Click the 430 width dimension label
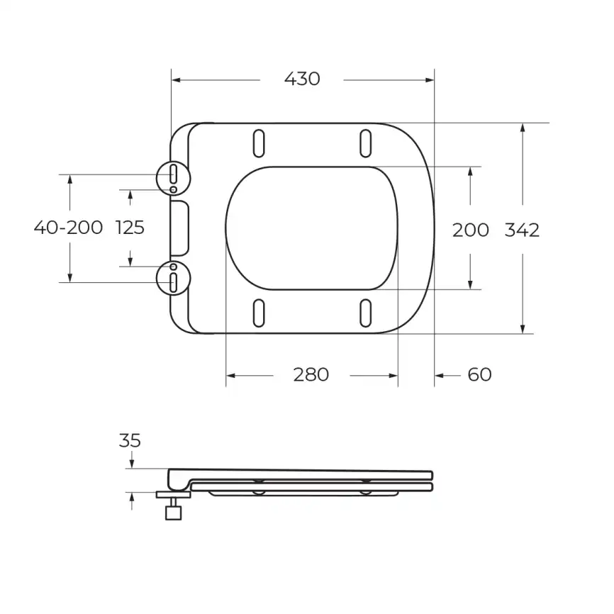(x=302, y=79)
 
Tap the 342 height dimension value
(x=522, y=230)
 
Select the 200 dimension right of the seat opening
(x=471, y=230)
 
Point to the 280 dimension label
(x=311, y=374)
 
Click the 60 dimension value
(x=480, y=374)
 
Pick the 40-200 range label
(x=69, y=228)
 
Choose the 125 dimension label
(x=130, y=228)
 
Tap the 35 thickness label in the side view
(x=130, y=441)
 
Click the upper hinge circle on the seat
(x=174, y=175)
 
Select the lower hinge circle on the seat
(x=174, y=277)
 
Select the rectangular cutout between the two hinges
(x=181, y=228)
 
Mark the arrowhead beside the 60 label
(x=440, y=374)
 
